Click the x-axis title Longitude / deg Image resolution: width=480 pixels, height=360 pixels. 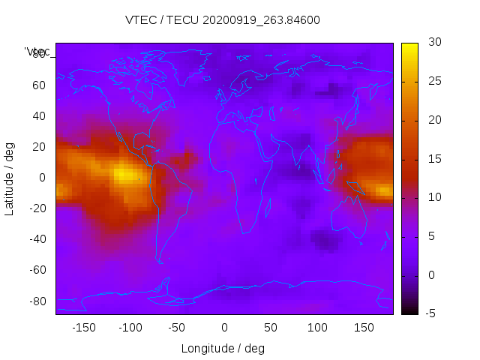(223, 349)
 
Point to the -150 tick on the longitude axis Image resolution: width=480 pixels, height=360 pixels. (84, 328)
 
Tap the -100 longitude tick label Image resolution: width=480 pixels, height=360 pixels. (130, 328)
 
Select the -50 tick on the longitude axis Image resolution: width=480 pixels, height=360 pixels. (178, 328)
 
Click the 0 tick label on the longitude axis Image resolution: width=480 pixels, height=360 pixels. (224, 328)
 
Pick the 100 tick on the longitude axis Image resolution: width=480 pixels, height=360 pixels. (318, 328)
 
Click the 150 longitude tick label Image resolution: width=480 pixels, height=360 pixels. (364, 328)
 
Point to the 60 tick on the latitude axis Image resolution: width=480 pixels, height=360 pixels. (38, 85)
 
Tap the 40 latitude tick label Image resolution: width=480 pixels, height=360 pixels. (38, 116)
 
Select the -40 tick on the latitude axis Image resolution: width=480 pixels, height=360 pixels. (36, 239)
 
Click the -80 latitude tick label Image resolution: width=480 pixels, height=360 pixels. (36, 301)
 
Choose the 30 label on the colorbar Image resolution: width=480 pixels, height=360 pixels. (432, 43)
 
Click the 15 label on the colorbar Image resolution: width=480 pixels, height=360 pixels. (432, 159)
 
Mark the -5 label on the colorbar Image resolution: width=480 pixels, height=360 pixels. (431, 313)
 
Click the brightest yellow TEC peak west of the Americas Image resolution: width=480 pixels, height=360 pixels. (125, 175)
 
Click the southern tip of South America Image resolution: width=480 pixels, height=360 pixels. (160, 261)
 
